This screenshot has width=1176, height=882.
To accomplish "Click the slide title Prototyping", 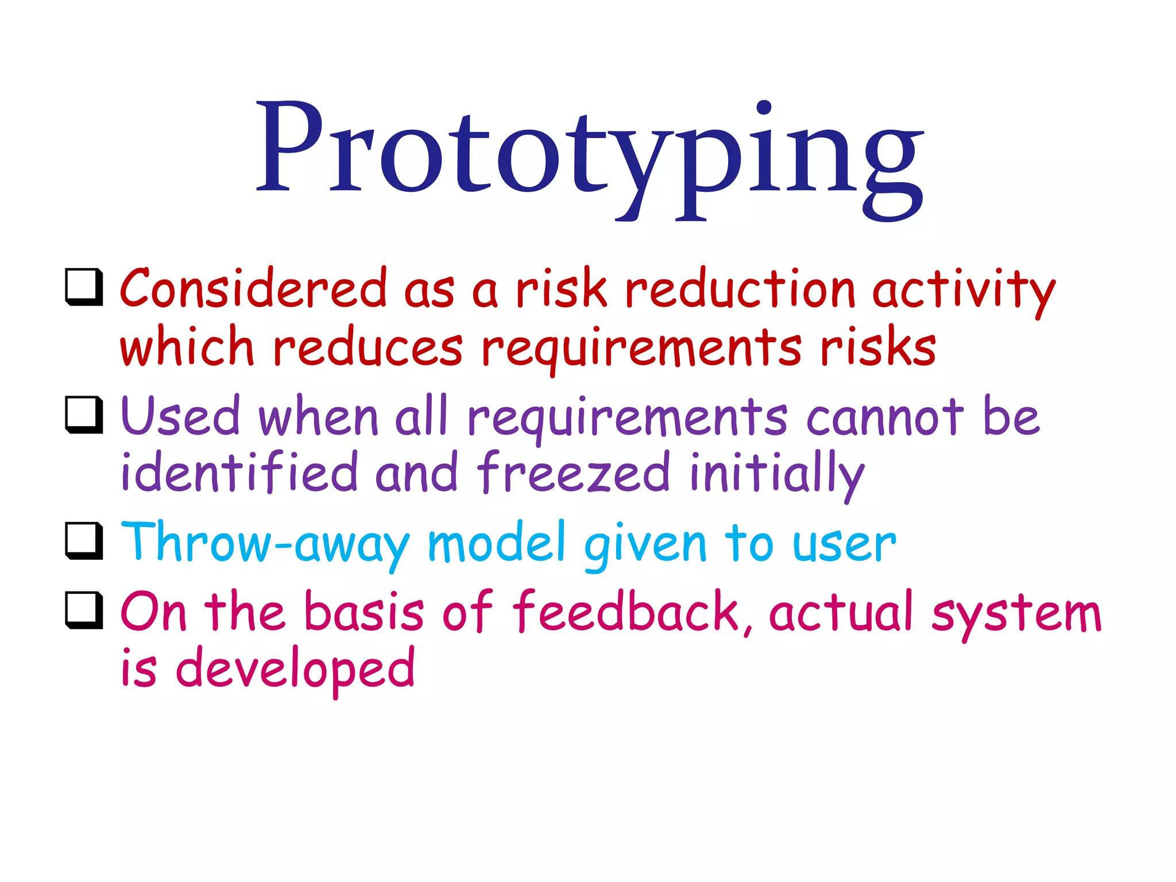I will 589,155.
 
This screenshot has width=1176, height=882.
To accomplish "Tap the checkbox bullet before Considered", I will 84,287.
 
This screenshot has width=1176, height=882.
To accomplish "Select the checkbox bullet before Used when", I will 84,414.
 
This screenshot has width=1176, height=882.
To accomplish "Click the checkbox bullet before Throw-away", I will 84,540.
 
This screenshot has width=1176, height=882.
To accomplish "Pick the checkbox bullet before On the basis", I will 84,610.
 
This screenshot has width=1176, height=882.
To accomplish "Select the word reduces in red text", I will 367,347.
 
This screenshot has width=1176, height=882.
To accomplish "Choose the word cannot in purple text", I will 885,417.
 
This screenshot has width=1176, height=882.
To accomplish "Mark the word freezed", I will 573,472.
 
